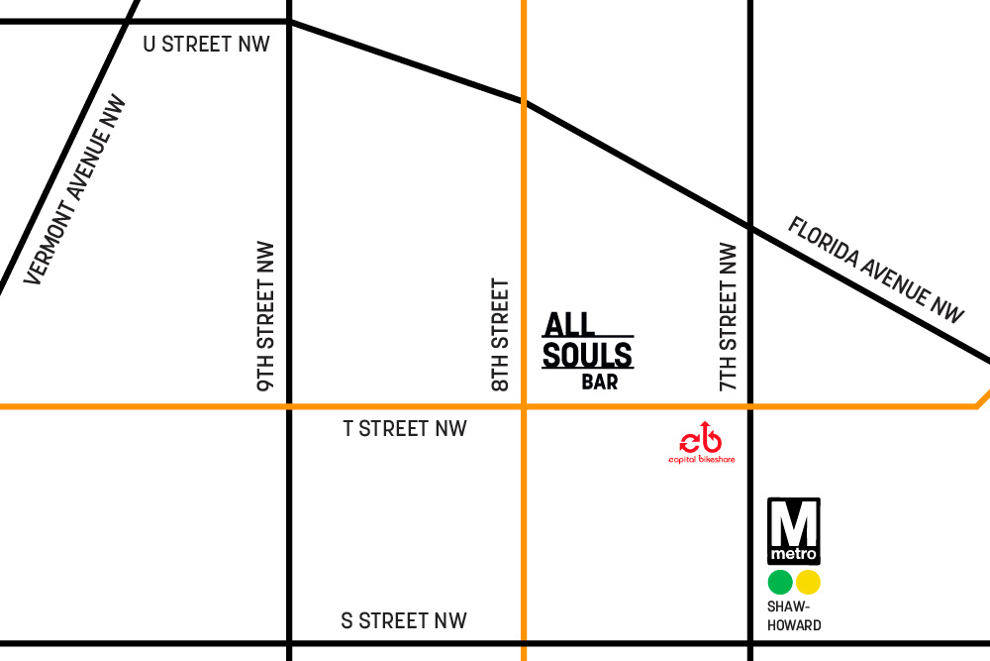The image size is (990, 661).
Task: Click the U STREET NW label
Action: (206, 45)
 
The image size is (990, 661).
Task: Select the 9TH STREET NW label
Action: (266, 315)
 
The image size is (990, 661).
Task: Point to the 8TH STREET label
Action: (501, 335)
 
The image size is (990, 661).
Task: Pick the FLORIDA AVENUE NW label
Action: (875, 270)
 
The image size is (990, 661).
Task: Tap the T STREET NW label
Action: (404, 429)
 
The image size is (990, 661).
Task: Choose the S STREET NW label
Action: (404, 621)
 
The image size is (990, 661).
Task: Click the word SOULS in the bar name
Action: (587, 355)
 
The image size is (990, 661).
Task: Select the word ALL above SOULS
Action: (570, 324)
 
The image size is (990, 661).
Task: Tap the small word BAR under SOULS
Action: (600, 383)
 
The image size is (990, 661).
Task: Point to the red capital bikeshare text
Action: (700, 460)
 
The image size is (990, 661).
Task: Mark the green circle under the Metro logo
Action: (780, 582)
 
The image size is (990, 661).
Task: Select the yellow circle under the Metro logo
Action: (809, 582)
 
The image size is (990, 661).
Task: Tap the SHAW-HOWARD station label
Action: (794, 615)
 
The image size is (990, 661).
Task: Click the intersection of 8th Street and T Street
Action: (524, 406)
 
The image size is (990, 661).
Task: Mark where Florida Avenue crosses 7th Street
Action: (749, 229)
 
